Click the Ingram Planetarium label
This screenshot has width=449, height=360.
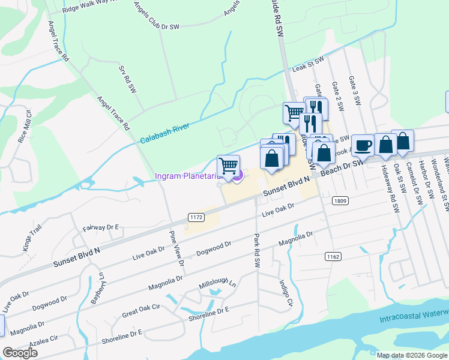tap(189, 176)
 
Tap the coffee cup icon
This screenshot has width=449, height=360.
tap(362, 146)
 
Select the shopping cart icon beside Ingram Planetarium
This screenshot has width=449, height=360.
tap(228, 166)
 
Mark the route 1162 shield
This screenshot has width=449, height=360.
tap(333, 256)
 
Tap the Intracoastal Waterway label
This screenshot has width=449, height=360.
tap(414, 316)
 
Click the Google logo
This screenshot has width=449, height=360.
tap(20, 352)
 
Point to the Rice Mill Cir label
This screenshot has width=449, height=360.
tap(25, 125)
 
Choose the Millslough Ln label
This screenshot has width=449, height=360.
tap(217, 288)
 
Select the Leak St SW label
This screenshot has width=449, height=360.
tap(307, 64)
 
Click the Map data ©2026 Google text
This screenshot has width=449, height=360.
tap(411, 355)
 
